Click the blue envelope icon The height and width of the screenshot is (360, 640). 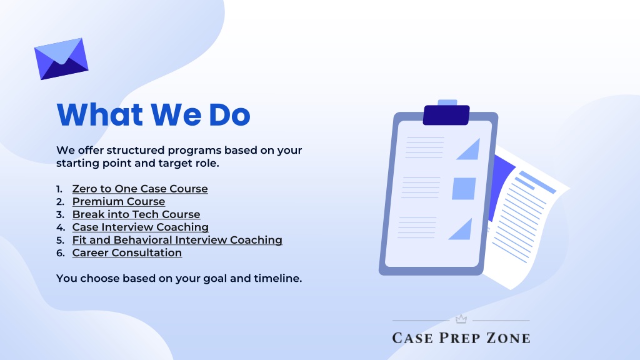(x=61, y=59)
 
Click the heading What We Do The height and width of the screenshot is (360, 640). (x=154, y=115)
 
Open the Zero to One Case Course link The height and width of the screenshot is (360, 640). (x=140, y=189)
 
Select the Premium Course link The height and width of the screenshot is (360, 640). (x=119, y=202)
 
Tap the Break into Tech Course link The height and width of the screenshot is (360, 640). (x=136, y=214)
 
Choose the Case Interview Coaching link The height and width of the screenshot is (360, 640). (x=141, y=227)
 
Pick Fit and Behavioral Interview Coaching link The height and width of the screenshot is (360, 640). (x=177, y=240)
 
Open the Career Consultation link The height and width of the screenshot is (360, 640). (x=127, y=252)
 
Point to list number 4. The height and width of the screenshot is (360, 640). (x=61, y=227)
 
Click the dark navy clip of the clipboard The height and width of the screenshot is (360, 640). (x=446, y=115)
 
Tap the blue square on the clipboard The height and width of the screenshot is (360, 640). (x=464, y=189)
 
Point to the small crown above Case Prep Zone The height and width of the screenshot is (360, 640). (x=461, y=319)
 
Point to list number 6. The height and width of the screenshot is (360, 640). (x=61, y=253)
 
